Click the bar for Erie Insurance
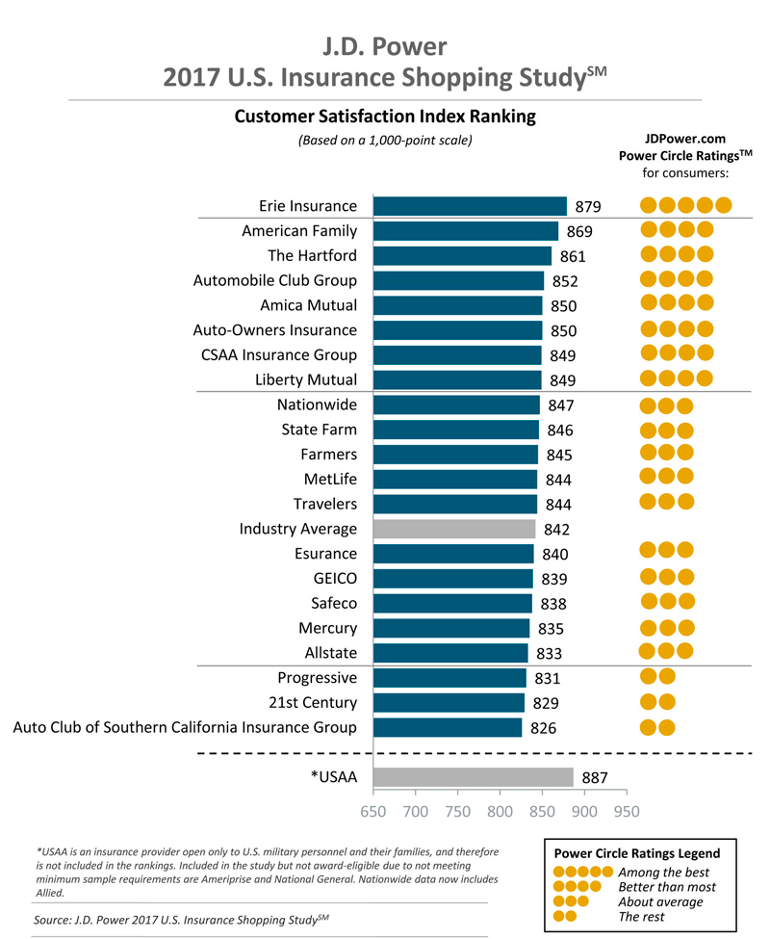pos(469,206)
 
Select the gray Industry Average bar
pos(453,529)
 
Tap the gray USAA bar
pos(473,777)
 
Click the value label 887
pos(594,778)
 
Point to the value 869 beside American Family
pos(579,231)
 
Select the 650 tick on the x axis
pos(373,812)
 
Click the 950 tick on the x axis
pos(627,812)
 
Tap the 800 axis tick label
pos(500,812)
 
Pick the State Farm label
pos(319,430)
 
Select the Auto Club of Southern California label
pos(185,727)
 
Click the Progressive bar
pos(449,678)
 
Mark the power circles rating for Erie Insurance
pos(685,205)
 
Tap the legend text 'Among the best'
pos(661,871)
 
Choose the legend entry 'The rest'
pos(642,915)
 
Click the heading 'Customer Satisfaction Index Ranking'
pos(385,117)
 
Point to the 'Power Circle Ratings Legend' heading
pos(636,853)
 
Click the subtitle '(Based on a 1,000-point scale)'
pos(385,141)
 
